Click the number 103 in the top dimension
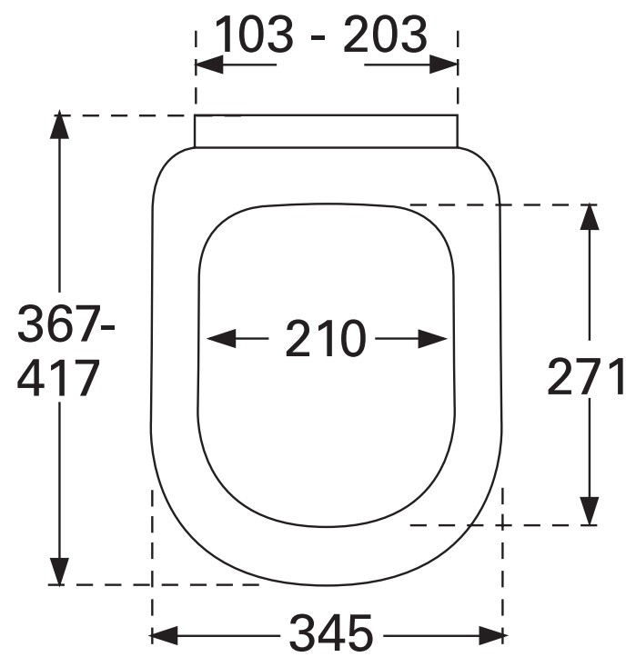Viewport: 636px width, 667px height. tap(254, 34)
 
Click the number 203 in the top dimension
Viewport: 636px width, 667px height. tap(385, 34)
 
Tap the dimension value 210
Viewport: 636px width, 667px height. tap(326, 339)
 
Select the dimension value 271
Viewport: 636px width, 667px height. tap(585, 376)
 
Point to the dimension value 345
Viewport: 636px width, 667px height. tap(331, 632)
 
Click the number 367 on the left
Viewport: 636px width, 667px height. tap(59, 324)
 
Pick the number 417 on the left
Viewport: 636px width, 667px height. tap(58, 378)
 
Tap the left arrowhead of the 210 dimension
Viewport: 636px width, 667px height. tap(221, 339)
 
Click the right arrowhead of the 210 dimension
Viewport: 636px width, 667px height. tap(433, 339)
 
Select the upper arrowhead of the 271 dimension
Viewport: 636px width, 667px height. tap(590, 217)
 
